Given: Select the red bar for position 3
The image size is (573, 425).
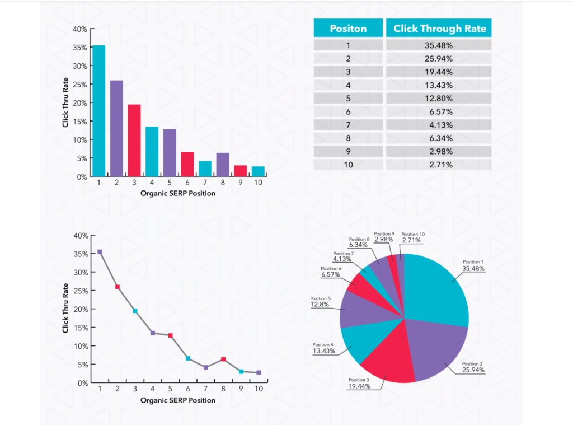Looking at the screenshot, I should [x=134, y=141].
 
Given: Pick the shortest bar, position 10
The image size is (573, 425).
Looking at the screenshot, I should [x=258, y=171].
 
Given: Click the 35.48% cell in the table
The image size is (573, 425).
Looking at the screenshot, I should [x=438, y=45].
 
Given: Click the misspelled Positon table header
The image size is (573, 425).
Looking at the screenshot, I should [x=348, y=29].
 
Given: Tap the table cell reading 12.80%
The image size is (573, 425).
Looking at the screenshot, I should [x=438, y=98].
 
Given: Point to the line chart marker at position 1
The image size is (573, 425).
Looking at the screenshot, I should [x=100, y=252].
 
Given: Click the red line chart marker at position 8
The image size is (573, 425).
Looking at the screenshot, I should [x=223, y=359].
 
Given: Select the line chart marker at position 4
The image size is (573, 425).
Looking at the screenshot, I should [x=153, y=333].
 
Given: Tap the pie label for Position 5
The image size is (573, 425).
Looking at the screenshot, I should [x=321, y=302].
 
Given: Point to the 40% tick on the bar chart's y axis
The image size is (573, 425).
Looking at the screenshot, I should [x=80, y=29].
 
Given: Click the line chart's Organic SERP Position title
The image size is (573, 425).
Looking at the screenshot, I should [x=177, y=400].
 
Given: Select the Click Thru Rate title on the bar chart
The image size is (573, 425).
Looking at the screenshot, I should [x=66, y=102].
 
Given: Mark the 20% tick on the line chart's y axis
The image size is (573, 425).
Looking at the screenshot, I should [x=81, y=309].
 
